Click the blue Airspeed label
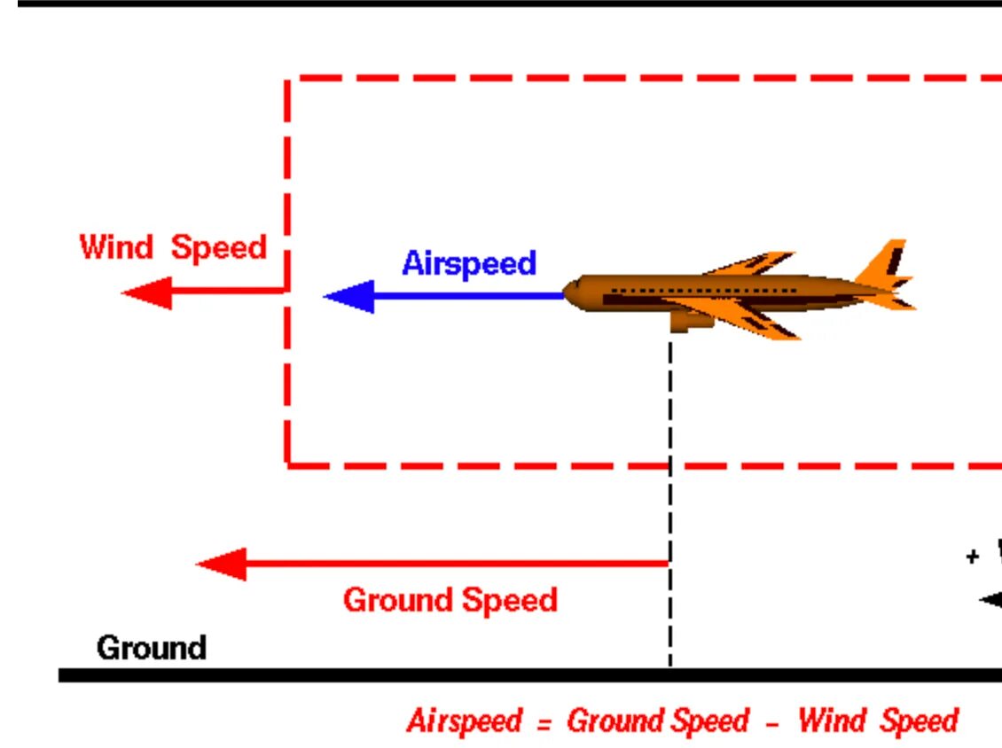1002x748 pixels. point(469,263)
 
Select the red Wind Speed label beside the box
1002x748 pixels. point(173,246)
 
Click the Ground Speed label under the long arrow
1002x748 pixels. point(450,600)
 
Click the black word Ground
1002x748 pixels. point(151,648)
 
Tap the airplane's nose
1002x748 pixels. point(571,292)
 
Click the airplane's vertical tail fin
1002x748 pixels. point(887,261)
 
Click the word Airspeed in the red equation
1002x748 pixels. point(465,721)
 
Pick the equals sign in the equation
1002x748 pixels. point(543,722)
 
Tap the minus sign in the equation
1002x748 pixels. point(771,722)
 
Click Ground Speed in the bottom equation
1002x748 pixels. point(657,721)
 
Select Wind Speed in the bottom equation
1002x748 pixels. point(877,721)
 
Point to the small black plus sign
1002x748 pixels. point(973,557)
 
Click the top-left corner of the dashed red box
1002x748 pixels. point(288,80)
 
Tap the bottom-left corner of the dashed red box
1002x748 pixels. point(288,464)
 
